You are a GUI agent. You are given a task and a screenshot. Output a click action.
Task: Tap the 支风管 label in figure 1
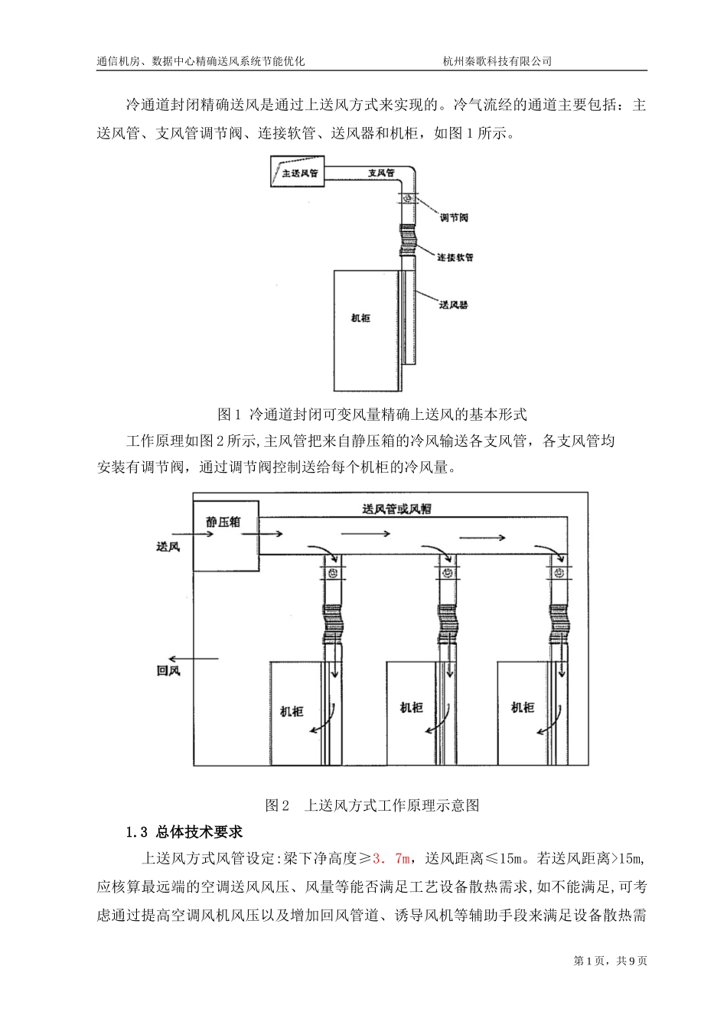[380, 173]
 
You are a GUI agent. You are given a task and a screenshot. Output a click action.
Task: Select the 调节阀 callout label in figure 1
[455, 217]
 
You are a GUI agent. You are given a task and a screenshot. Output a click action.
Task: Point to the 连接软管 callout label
[455, 257]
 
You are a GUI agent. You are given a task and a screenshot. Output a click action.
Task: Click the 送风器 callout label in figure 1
[454, 304]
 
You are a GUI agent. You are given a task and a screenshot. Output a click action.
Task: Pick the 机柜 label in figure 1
[360, 317]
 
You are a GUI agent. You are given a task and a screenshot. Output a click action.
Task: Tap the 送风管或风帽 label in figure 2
[396, 509]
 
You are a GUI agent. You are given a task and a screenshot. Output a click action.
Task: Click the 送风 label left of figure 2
[168, 548]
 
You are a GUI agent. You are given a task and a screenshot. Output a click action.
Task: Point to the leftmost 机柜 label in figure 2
[292, 711]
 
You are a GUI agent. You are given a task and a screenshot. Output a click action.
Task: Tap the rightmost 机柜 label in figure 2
[523, 708]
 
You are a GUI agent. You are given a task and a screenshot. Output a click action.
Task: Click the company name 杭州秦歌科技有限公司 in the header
[497, 62]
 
